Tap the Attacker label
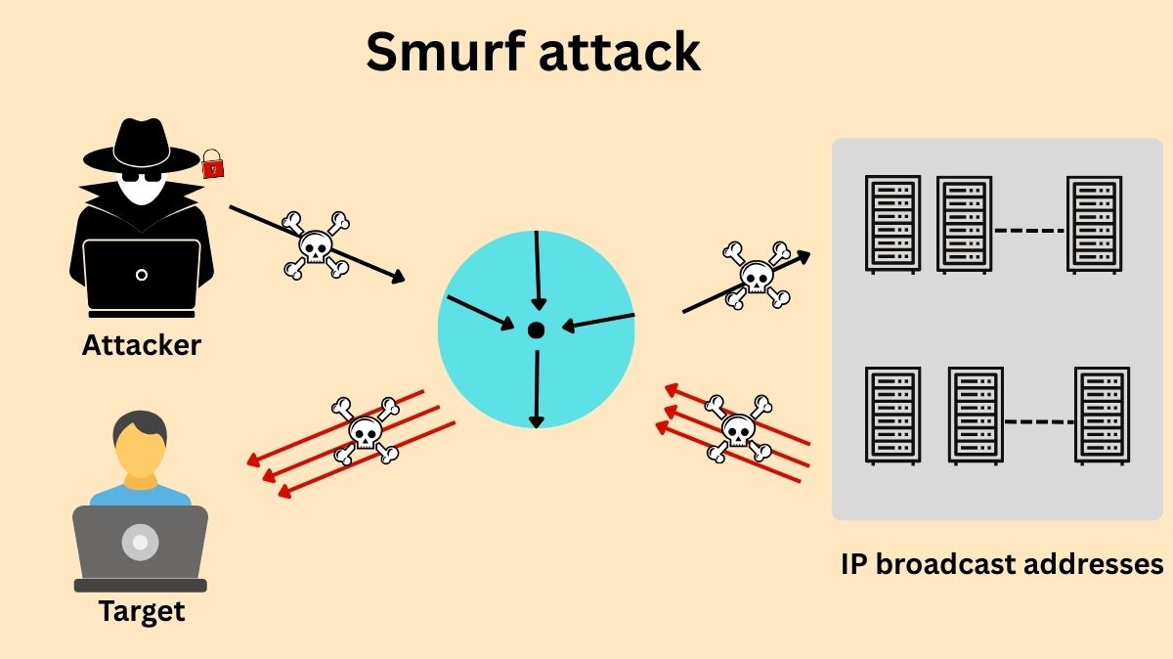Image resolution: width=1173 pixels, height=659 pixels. click(x=141, y=345)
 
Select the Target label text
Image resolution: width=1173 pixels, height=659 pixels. click(x=141, y=612)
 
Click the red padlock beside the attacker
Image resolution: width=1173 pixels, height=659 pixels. click(x=212, y=163)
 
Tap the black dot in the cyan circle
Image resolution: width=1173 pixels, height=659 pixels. click(x=536, y=330)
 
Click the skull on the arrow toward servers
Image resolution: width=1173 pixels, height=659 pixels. click(x=756, y=275)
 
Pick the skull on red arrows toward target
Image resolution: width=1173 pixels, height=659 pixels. click(x=365, y=429)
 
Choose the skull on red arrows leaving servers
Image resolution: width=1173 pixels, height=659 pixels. click(x=738, y=428)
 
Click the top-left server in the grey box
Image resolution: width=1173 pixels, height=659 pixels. click(x=892, y=224)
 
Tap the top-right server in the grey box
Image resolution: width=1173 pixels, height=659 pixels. click(x=1094, y=224)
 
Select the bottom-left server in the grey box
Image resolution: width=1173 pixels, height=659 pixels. click(x=892, y=415)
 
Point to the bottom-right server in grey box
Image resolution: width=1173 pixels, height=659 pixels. click(x=1102, y=415)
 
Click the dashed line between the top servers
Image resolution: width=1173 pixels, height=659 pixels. click(x=1028, y=231)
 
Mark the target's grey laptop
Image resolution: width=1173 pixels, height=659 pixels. click(x=141, y=546)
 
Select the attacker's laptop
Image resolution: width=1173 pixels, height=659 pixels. click(x=142, y=274)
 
